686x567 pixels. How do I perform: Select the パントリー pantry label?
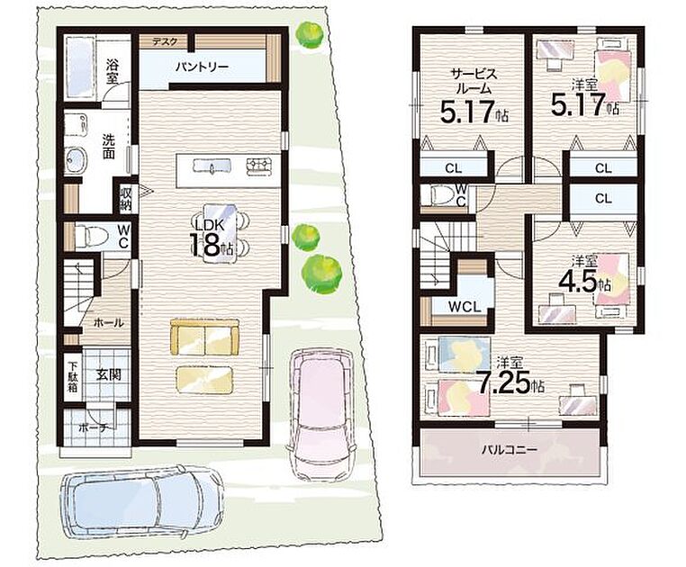click(x=203, y=67)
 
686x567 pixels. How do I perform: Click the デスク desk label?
click(x=165, y=42)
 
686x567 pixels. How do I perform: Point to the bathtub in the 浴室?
click(x=79, y=68)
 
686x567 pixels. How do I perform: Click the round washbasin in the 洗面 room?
click(x=77, y=158)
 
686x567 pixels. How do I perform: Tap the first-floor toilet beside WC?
click(x=92, y=236)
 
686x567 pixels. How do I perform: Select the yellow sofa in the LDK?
click(x=205, y=337)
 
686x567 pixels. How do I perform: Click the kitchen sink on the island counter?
click(x=212, y=166)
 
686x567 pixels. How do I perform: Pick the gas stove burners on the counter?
click(x=259, y=166)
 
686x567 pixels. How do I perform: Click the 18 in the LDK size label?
click(x=204, y=245)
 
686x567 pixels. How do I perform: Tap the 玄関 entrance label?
click(x=109, y=375)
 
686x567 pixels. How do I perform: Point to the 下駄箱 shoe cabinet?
click(x=73, y=375)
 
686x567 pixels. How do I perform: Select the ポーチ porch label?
click(x=94, y=428)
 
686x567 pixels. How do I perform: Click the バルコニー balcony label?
click(x=510, y=450)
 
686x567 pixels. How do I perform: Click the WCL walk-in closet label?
click(x=465, y=307)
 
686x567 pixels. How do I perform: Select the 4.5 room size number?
click(x=578, y=283)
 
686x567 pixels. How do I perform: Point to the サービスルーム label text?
click(x=474, y=81)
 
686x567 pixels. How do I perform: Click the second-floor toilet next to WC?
click(x=441, y=195)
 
